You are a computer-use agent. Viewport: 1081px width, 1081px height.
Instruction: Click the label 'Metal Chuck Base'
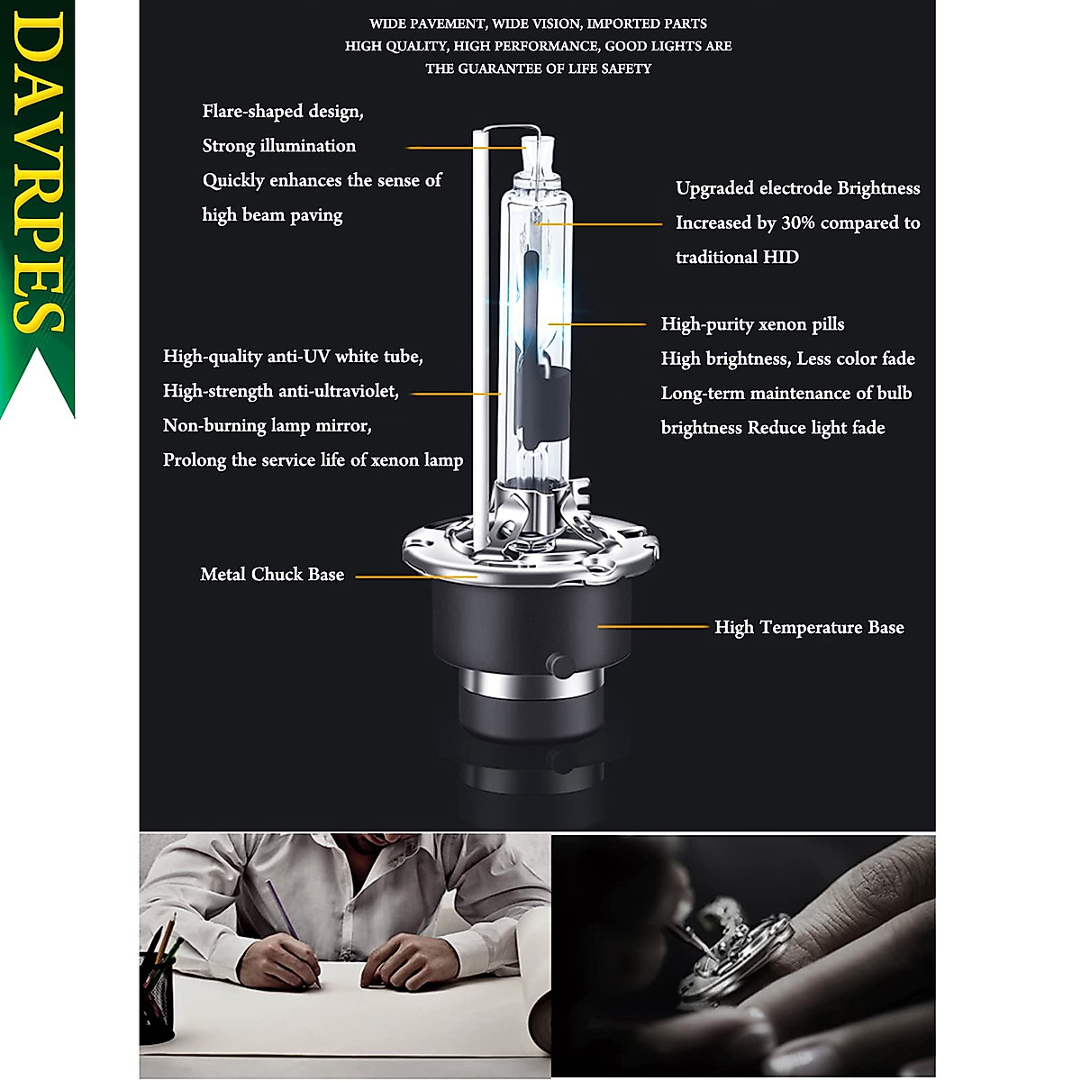[272, 575]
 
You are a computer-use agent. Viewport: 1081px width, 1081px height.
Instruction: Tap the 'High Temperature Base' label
[809, 627]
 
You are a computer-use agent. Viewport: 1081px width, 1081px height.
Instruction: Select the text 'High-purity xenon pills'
[752, 324]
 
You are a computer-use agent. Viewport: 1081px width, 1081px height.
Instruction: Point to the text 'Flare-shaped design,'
[283, 112]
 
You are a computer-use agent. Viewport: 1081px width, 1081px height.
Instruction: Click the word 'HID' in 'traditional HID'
[780, 258]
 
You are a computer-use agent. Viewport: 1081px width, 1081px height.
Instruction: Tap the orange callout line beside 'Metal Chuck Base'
[414, 577]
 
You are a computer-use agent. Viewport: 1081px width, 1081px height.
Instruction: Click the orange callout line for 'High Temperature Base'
[652, 626]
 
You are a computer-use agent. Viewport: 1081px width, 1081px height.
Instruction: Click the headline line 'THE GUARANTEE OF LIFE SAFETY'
[538, 68]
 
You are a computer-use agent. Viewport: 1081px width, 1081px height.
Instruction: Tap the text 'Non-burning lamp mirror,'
[268, 426]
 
